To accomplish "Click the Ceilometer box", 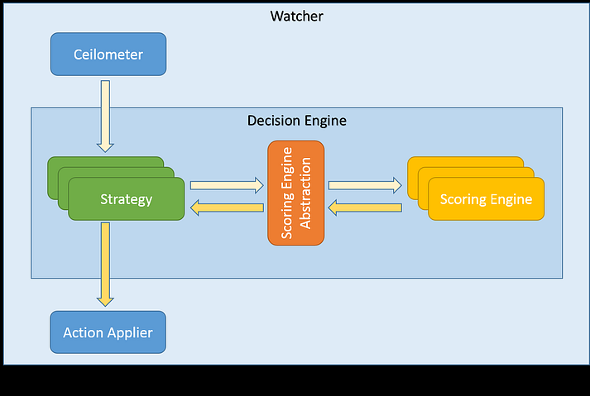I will click(108, 55).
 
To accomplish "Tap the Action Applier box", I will click(108, 333).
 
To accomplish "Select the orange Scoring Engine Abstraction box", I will click(295, 193).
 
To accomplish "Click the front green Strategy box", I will click(126, 199).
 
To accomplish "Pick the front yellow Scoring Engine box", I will click(486, 199).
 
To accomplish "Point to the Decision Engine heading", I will click(296, 121).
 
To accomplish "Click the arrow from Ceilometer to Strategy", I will click(105, 115).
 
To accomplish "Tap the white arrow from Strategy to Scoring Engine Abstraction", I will click(226, 186).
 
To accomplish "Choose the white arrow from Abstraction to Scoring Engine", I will click(365, 186).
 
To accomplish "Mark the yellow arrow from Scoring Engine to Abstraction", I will click(365, 208).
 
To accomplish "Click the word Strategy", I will click(126, 199).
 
